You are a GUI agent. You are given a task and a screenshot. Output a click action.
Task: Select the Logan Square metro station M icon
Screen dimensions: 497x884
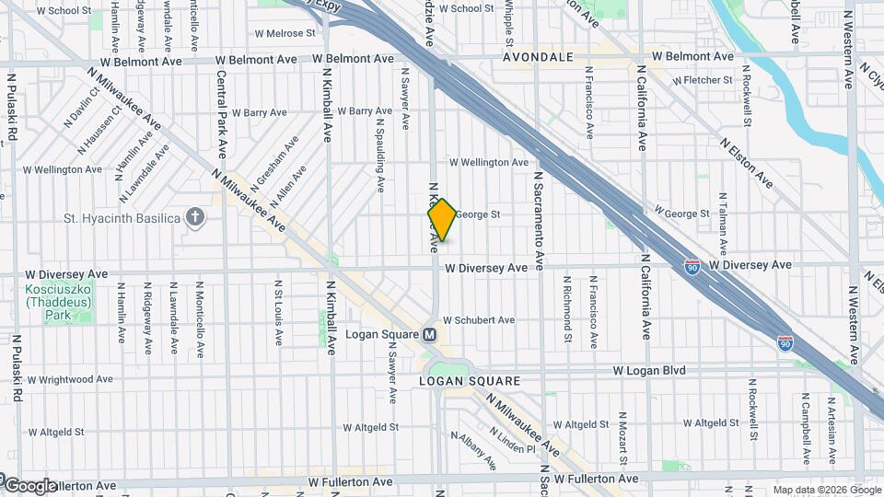pyautogui.click(x=429, y=334)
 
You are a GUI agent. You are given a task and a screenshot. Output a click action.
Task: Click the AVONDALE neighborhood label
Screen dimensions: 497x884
pyautogui.click(x=538, y=57)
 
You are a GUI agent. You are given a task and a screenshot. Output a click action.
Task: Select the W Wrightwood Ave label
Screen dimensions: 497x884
pyautogui.click(x=68, y=378)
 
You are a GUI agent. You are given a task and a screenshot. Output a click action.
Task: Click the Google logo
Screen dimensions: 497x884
pyautogui.click(x=30, y=486)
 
